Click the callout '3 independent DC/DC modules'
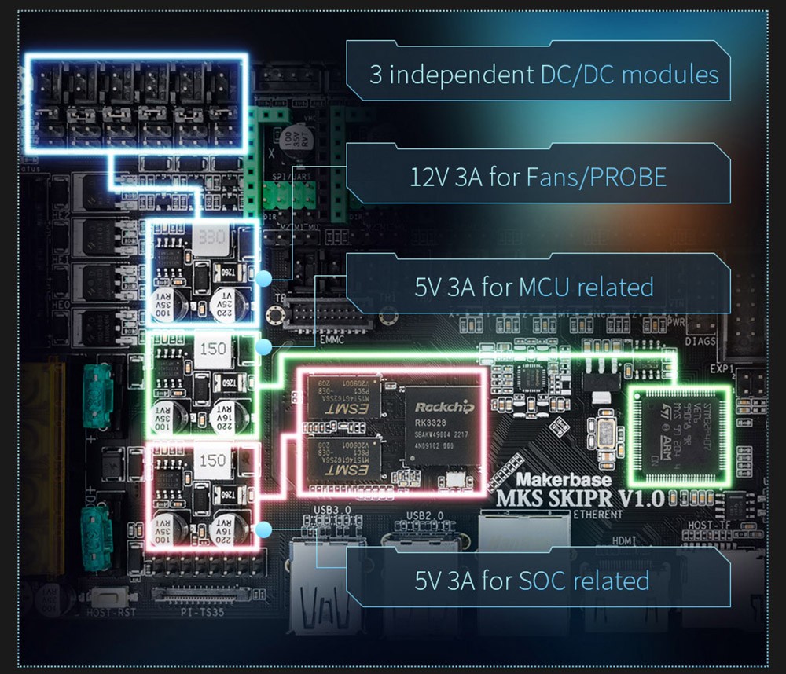click(544, 75)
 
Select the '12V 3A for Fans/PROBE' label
click(538, 177)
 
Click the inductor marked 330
click(213, 237)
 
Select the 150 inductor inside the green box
click(213, 348)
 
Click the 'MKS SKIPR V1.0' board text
click(581, 498)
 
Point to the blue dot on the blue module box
click(264, 277)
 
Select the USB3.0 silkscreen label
click(333, 511)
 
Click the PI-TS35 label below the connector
click(204, 610)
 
